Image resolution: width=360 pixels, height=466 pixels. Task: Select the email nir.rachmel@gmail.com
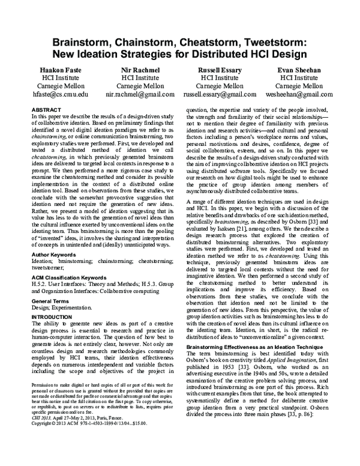click(139, 95)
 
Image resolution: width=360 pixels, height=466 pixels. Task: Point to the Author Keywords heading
click(56, 255)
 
